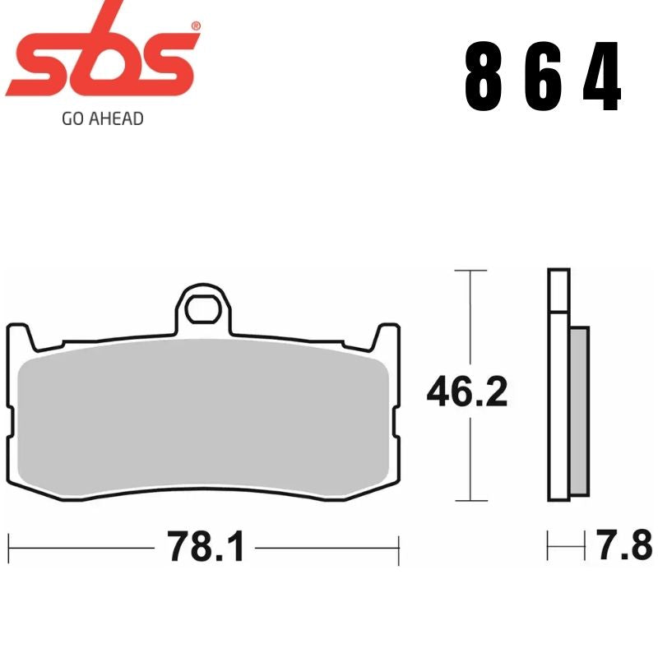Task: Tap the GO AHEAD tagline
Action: [103, 118]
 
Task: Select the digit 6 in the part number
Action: [543, 79]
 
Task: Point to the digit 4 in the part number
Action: [601, 79]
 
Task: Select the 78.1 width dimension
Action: [206, 546]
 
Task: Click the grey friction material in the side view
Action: [579, 411]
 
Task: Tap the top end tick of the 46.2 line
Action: [469, 270]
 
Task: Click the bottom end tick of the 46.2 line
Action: [469, 501]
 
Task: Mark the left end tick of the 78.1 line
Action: [9, 545]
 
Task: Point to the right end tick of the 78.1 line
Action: [399, 545]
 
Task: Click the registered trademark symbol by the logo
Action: [195, 25]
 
